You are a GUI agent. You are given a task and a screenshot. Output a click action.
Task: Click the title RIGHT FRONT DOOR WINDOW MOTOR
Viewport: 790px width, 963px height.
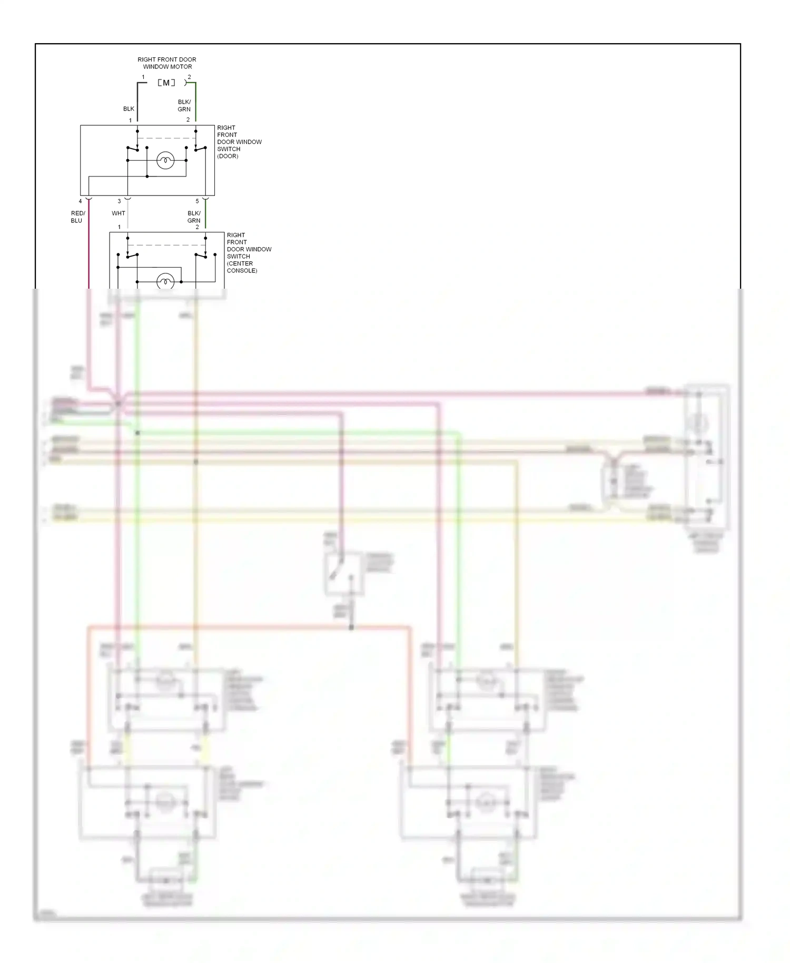[167, 63]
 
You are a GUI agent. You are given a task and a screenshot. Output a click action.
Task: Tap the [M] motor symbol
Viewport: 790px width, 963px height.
[166, 83]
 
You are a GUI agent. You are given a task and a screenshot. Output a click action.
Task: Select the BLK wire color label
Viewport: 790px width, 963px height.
[129, 109]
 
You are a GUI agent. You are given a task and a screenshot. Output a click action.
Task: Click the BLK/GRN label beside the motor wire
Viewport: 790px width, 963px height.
[184, 106]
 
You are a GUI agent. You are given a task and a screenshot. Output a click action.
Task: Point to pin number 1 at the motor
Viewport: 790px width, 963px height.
[143, 77]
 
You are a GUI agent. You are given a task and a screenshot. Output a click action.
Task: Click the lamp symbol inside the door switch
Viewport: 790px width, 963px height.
[165, 160]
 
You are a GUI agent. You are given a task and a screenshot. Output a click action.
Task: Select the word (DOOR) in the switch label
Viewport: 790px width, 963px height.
[228, 156]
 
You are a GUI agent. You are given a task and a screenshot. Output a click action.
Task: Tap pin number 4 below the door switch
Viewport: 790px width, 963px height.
[81, 201]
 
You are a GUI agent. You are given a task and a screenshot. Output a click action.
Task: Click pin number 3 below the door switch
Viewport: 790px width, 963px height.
[119, 201]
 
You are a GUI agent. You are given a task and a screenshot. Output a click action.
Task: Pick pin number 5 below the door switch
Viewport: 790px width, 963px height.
[197, 201]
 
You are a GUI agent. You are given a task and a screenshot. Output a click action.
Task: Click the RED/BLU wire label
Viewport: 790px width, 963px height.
[77, 217]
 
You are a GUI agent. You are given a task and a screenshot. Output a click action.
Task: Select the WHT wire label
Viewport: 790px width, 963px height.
[118, 213]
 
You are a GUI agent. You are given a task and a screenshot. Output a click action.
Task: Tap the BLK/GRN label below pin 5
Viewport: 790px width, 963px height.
[194, 217]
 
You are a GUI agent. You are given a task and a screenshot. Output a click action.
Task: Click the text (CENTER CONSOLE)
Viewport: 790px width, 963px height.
[241, 267]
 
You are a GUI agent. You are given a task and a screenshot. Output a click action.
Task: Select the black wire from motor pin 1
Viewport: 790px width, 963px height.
[137, 103]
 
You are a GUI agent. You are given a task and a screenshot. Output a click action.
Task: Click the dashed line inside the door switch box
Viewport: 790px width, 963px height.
[166, 139]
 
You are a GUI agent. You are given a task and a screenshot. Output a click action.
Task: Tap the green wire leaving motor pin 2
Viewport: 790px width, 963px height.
[195, 103]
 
